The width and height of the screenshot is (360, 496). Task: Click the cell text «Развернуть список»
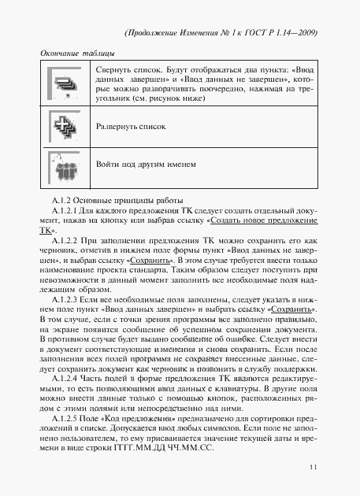point(127,126)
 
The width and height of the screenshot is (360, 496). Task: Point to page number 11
point(314,468)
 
